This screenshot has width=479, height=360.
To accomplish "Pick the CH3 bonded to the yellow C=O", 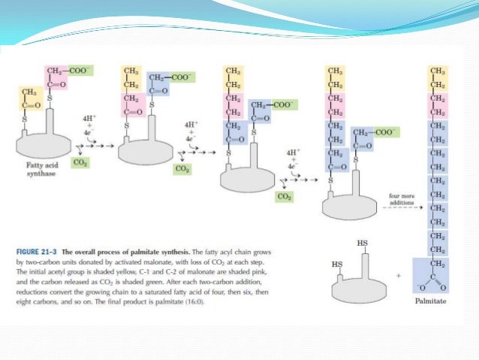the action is pyautogui.click(x=29, y=92).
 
